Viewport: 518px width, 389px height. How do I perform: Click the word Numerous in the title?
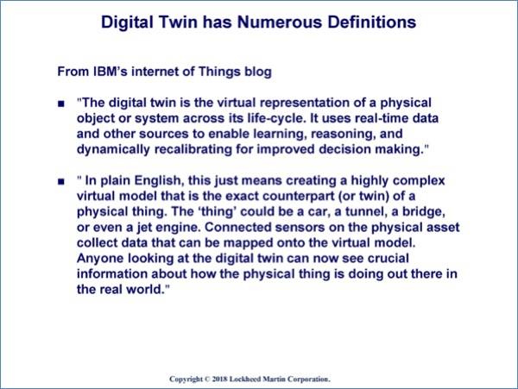point(280,22)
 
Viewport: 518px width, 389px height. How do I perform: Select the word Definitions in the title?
point(371,22)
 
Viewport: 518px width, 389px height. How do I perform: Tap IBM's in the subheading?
point(111,72)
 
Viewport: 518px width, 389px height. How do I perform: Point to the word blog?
point(258,72)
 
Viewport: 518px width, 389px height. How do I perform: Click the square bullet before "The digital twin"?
point(61,104)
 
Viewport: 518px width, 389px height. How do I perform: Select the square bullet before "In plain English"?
point(61,182)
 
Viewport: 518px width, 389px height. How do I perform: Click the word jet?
point(144,228)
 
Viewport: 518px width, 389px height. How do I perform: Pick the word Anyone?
point(100,259)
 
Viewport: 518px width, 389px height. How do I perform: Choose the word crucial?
point(388,259)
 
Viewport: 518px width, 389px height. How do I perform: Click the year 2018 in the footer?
point(219,380)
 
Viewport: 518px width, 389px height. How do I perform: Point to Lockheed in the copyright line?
point(245,380)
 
